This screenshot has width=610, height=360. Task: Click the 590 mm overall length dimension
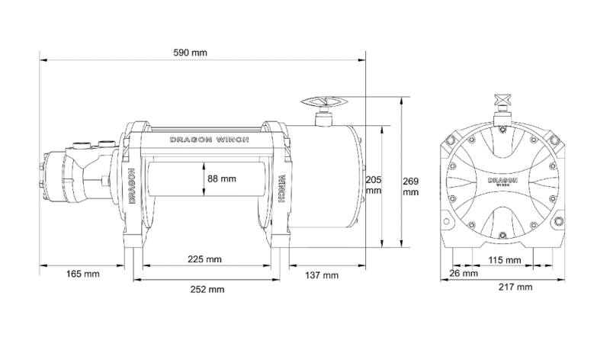tap(191, 53)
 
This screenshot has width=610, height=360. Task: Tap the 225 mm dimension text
tap(205, 259)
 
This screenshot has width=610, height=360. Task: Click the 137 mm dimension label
tap(320, 274)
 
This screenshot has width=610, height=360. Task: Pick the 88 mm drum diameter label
tap(222, 178)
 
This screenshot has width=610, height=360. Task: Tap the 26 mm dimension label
tap(460, 274)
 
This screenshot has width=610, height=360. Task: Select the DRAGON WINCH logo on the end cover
tap(504, 182)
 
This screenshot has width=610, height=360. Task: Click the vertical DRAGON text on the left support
tap(133, 185)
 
